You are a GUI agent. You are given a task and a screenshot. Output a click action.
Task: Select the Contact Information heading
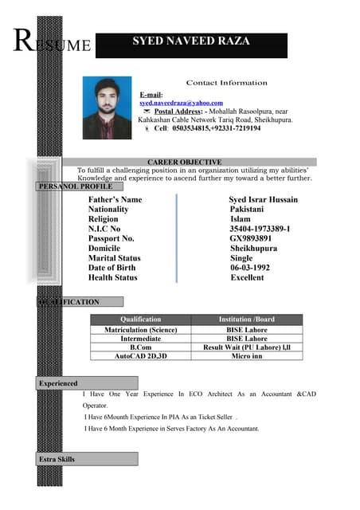point(226,83)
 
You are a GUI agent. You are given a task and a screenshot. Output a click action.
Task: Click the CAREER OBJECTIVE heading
point(190,162)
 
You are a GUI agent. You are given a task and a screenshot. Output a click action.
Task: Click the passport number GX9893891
point(250,238)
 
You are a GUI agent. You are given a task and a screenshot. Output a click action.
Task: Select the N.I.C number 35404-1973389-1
point(259,229)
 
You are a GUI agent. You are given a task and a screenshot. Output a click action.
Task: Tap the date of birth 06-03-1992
point(249,268)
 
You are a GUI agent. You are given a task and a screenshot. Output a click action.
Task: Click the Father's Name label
point(115,199)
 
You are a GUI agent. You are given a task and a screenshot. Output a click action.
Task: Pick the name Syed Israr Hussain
point(263,199)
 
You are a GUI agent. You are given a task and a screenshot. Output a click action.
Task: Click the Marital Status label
point(114,258)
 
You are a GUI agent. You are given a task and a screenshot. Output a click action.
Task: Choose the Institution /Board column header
point(246,320)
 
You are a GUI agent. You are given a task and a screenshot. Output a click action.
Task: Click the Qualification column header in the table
point(140,320)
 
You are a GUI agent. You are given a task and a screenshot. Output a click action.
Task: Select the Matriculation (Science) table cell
point(140,330)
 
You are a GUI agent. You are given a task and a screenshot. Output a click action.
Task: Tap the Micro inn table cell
point(246,357)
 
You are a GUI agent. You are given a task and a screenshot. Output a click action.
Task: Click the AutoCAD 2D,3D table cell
point(140,357)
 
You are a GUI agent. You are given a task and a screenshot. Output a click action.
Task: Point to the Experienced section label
point(58,384)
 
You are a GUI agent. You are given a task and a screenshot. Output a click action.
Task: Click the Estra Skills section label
point(57,459)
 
